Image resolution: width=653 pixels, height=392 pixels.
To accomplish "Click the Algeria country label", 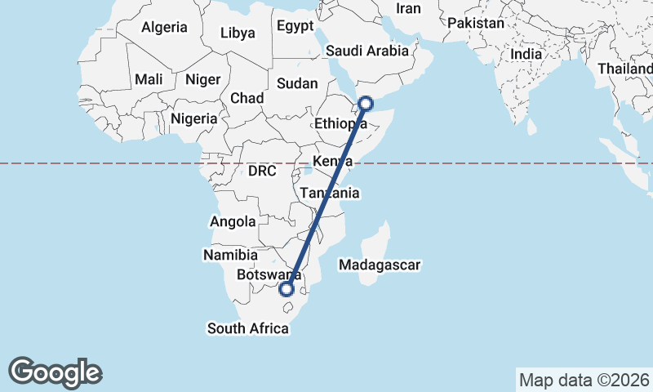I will tap(164, 27).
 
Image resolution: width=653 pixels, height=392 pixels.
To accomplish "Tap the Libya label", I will tap(238, 33).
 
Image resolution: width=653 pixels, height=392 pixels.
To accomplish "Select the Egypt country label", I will tap(295, 26).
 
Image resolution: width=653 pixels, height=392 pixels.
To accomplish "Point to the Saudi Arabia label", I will tap(366, 51).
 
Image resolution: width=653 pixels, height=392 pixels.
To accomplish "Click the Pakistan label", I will tap(476, 24).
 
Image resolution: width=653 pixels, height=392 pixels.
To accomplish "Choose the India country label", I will tap(526, 54).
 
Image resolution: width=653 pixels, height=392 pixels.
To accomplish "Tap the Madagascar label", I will tap(380, 265).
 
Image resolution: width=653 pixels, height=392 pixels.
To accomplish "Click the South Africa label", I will tap(248, 328).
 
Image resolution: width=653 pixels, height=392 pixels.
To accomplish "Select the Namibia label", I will tap(231, 255).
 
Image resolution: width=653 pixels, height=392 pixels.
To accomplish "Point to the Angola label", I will tap(233, 221).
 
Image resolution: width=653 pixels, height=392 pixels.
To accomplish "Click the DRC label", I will tap(262, 171).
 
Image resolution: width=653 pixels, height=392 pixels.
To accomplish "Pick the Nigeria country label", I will tap(194, 118).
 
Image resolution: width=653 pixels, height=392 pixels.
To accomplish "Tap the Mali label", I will tap(149, 79).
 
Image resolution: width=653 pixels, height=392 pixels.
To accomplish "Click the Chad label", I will tap(247, 98).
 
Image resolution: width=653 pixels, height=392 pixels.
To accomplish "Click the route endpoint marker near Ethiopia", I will tap(366, 104).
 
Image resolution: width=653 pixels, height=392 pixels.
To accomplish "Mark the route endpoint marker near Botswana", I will tap(287, 288).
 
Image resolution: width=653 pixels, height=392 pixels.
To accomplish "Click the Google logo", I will tap(55, 372).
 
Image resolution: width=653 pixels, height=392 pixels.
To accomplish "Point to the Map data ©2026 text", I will tap(584, 380).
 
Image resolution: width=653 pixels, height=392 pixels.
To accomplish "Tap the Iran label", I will tap(408, 8).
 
